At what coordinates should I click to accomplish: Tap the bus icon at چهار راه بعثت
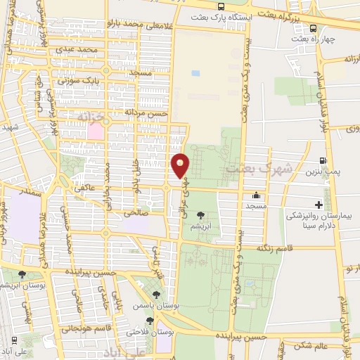coord(313,28)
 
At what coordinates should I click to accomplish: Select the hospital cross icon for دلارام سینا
coord(319,205)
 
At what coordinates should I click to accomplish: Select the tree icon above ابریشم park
coord(202,216)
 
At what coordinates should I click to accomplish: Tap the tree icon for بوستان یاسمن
coord(156,296)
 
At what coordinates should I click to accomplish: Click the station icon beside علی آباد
coord(15,340)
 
